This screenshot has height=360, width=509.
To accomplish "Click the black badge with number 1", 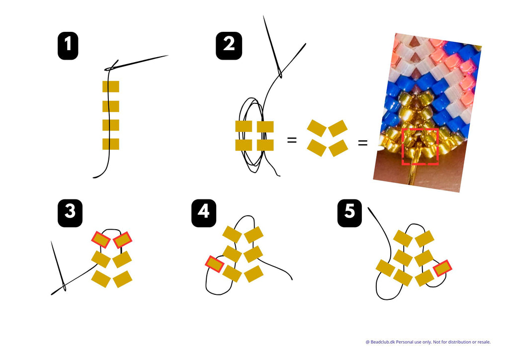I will [68, 46].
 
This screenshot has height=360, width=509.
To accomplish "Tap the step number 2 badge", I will [229, 46].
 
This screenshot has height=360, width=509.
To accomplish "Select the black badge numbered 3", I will [70, 213].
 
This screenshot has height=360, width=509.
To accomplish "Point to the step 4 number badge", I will [204, 213].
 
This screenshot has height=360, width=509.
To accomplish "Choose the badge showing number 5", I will [349, 213].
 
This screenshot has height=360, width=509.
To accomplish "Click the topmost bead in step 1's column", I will [111, 87].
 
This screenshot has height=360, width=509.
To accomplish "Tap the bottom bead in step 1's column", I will [111, 144].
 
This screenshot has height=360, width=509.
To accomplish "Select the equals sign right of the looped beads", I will [292, 141].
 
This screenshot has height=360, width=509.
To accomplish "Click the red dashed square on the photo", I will [420, 146].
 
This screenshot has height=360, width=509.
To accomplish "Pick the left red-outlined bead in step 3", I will [101, 240].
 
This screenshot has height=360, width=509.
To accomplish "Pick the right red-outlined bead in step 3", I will [122, 240].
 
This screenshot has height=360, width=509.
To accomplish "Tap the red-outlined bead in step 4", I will [215, 264].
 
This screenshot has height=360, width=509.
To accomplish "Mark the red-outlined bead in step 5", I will [442, 268].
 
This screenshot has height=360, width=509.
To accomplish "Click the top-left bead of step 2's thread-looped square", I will [244, 127].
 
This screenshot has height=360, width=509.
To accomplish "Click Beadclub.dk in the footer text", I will [383, 342].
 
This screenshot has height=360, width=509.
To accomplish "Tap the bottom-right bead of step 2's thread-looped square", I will [265, 145].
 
